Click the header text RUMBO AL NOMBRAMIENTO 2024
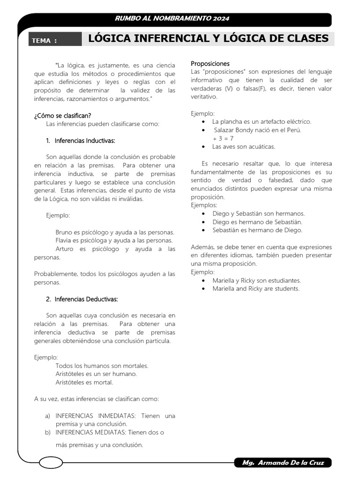[x=172, y=19]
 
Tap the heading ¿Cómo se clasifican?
[x=62, y=115]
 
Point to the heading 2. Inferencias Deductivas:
[x=82, y=299]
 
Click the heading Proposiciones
[x=210, y=63]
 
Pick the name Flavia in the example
[x=64, y=240]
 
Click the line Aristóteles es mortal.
[x=84, y=382]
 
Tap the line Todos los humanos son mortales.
[x=102, y=366]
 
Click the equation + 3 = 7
[x=223, y=138]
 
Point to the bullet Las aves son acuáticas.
[x=243, y=147]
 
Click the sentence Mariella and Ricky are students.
[x=255, y=289]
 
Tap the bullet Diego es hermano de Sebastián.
[x=257, y=222]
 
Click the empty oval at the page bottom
[x=51, y=463]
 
